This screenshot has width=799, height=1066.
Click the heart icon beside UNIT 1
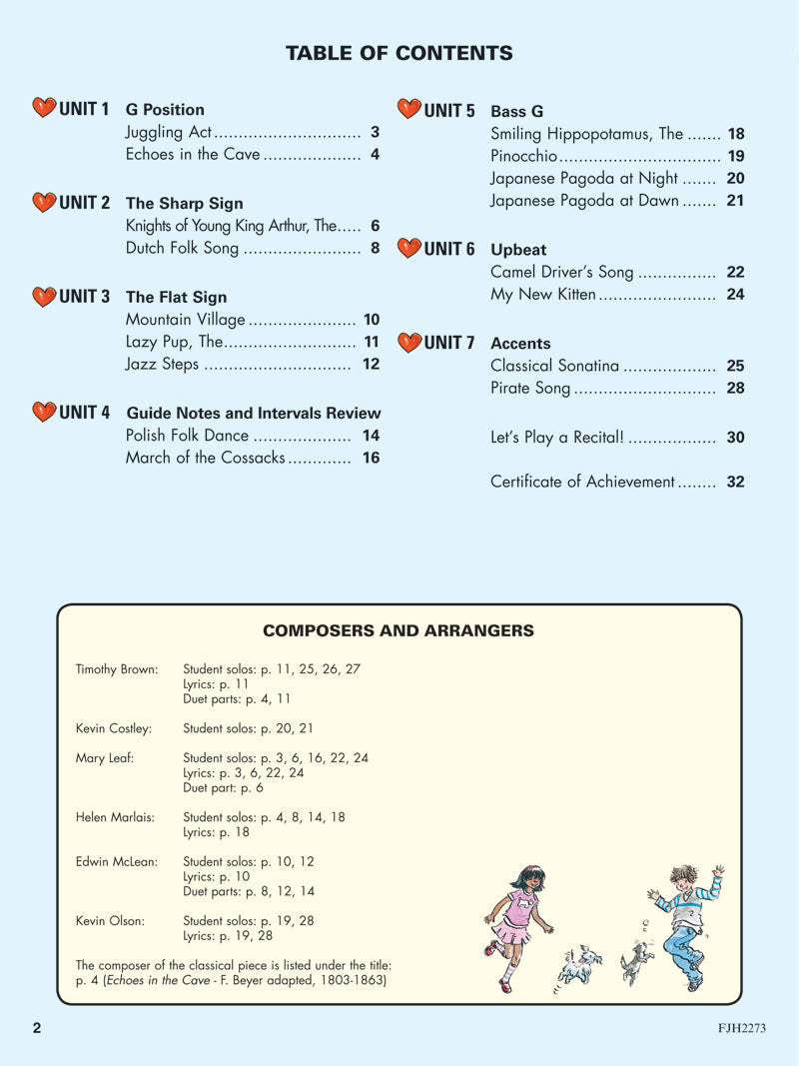click(44, 108)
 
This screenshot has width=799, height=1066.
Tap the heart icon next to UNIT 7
click(409, 343)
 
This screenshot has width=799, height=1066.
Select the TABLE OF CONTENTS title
click(399, 53)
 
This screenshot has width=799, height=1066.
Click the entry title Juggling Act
click(169, 132)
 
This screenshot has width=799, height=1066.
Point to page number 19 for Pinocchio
click(736, 156)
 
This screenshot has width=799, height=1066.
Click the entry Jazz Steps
click(162, 364)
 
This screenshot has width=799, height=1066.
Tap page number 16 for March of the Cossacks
click(372, 458)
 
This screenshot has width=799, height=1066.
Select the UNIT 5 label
click(448, 110)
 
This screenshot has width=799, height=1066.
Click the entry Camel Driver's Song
click(561, 272)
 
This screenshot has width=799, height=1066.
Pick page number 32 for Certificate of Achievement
click(736, 482)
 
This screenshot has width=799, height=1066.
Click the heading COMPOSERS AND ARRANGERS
click(399, 630)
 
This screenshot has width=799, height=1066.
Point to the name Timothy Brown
click(117, 669)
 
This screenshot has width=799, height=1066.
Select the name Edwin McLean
click(117, 861)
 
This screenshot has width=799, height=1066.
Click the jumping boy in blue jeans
click(686, 923)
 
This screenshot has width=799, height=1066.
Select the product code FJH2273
click(740, 1028)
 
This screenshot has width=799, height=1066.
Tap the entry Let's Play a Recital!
click(558, 438)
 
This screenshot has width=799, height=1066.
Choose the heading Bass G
click(517, 112)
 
